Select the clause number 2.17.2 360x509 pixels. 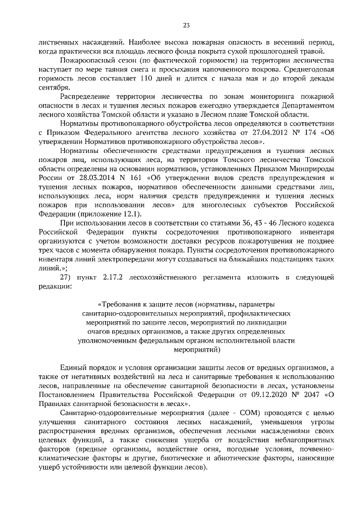(121, 277)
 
